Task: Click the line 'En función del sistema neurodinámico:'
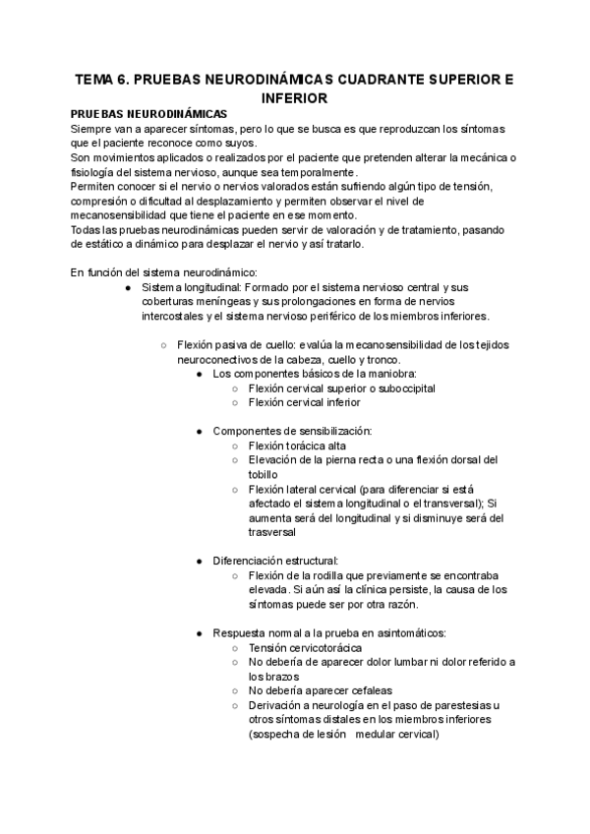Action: pos(162,272)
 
